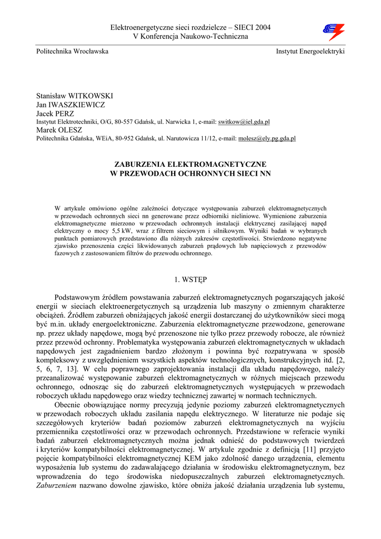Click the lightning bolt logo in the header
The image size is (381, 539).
(333, 32)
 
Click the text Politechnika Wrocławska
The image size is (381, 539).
(72, 51)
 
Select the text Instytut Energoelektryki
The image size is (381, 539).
(310, 51)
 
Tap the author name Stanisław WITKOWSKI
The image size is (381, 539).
(74, 96)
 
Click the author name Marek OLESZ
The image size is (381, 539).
(59, 130)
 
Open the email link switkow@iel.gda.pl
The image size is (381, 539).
(244, 122)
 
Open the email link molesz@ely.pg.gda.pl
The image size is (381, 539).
(267, 138)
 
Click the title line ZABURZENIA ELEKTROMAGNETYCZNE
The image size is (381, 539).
(190, 164)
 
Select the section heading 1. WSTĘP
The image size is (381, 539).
(190, 278)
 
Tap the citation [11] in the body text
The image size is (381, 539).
(309, 449)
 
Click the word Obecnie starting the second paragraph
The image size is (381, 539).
(70, 405)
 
